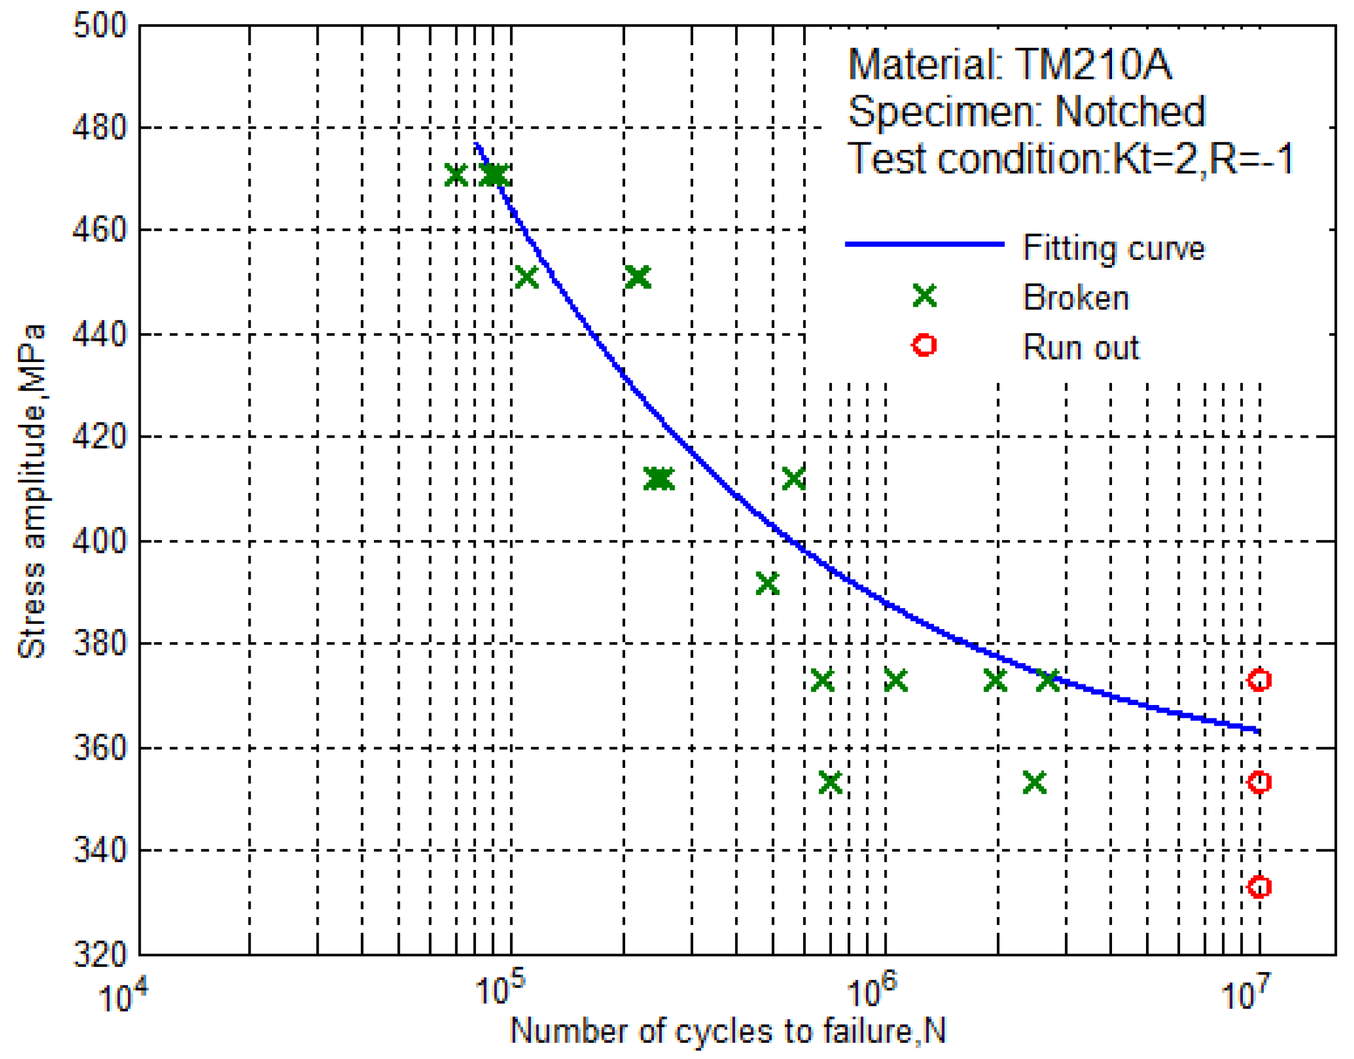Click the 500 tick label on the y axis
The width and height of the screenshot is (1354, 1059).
pyautogui.click(x=99, y=26)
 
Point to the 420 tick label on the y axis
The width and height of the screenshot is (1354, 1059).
pyautogui.click(x=99, y=437)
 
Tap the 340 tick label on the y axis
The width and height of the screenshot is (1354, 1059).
pyautogui.click(x=99, y=849)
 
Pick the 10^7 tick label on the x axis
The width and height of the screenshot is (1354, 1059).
pyautogui.click(x=1246, y=992)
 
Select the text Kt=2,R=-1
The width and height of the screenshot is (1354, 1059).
pyautogui.click(x=1202, y=159)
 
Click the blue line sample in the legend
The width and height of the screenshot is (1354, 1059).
pyautogui.click(x=924, y=244)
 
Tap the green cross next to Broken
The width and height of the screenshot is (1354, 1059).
pyautogui.click(x=924, y=295)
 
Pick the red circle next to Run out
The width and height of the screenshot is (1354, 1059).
pyautogui.click(x=924, y=344)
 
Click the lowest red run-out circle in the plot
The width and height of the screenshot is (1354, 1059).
pyautogui.click(x=1258, y=887)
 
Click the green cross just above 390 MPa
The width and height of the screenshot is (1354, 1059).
pyautogui.click(x=767, y=584)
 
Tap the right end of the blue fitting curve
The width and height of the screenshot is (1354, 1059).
pyautogui.click(x=1257, y=731)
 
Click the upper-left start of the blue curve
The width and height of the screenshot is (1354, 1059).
pyautogui.click(x=475, y=145)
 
